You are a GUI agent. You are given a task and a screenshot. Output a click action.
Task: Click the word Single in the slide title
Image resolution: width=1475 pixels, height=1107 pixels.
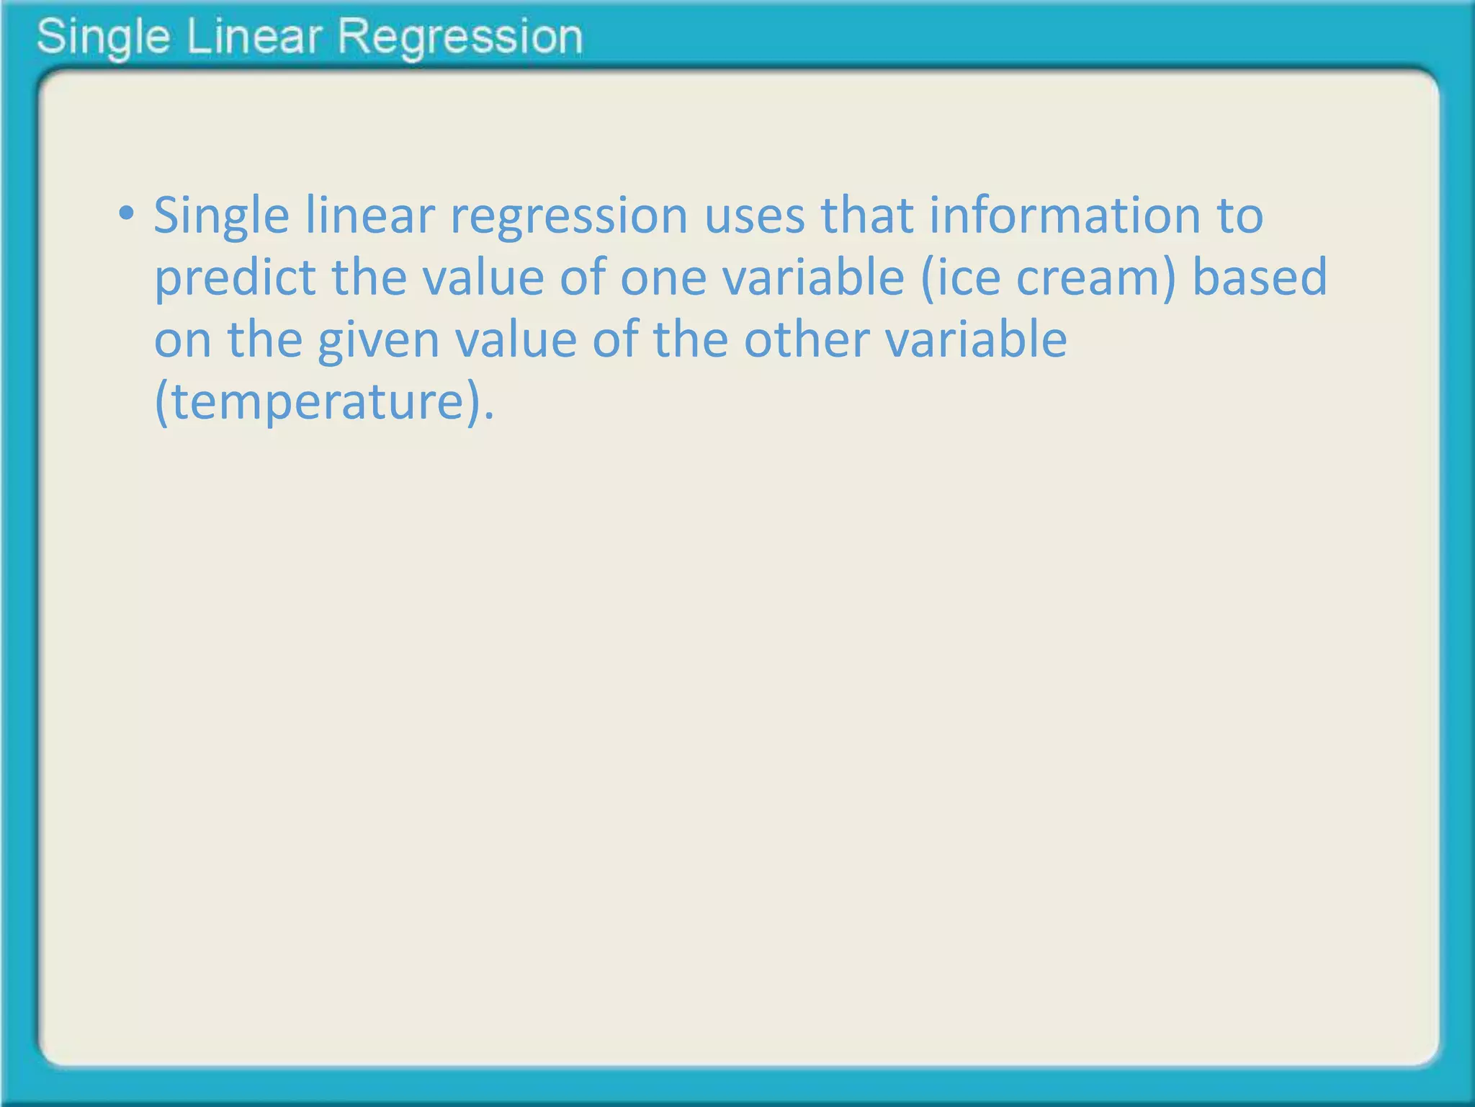[103, 37]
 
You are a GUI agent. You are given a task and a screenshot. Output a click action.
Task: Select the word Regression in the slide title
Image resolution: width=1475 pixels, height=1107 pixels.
[459, 37]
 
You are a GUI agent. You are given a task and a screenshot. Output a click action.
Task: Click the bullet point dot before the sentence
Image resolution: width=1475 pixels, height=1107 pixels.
[127, 213]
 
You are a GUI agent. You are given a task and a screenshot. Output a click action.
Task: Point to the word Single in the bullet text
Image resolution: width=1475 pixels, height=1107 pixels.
[221, 216]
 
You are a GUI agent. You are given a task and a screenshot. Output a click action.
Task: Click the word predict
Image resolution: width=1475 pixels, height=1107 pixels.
[235, 278]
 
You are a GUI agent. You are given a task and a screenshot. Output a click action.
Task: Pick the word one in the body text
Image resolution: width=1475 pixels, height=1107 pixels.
[663, 278]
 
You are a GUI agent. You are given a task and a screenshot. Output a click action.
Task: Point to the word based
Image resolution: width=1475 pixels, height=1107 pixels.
[1259, 278]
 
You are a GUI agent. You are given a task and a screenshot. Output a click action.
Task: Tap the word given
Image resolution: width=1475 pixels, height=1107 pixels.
[378, 340]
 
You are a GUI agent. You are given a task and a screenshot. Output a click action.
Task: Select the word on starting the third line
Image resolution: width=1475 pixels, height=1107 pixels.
[182, 340]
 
